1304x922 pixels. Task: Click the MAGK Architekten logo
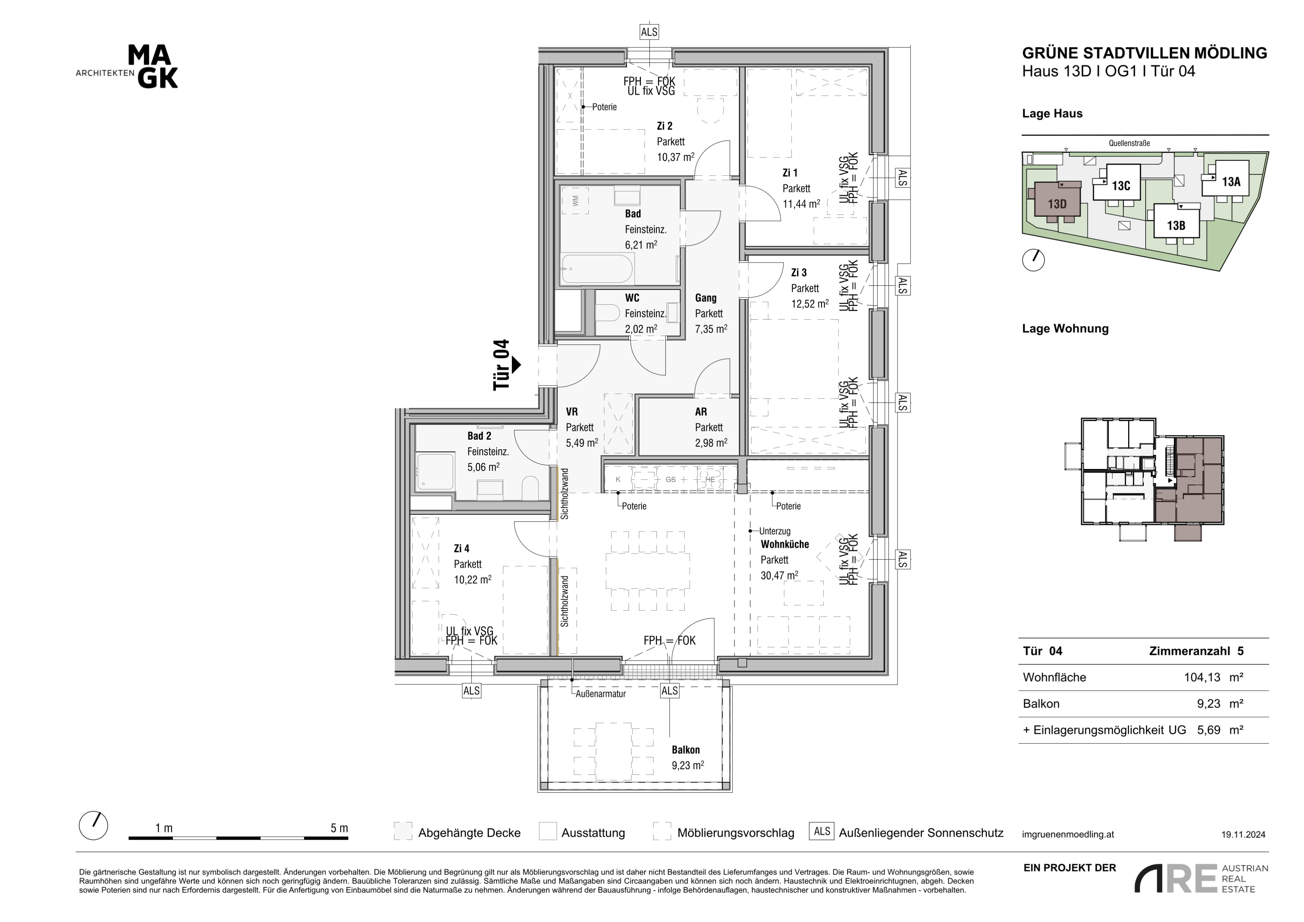point(127,67)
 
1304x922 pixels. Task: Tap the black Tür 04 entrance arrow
point(516,364)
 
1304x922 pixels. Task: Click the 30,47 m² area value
point(779,575)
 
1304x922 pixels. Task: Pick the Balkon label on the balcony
point(686,750)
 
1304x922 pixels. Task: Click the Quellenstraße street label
point(1129,143)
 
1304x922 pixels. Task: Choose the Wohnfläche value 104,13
point(1202,677)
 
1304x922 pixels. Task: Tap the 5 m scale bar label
point(339,828)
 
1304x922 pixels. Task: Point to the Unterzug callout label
point(775,531)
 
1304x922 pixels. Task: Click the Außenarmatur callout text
point(601,694)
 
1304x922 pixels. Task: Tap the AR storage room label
point(701,412)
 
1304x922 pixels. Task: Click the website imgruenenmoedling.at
point(1068,834)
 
